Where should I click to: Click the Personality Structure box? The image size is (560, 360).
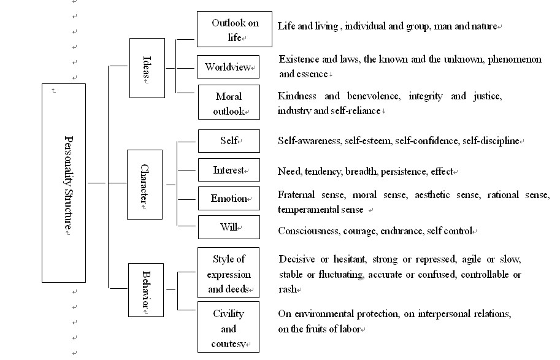coord(64,183)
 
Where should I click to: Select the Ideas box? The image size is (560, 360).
coord(147,67)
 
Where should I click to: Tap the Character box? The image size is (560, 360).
coord(145,184)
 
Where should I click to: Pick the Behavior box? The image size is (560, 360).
coord(146,289)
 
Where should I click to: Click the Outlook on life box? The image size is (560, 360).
coord(235,29)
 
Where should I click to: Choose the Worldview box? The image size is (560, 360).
coord(228,67)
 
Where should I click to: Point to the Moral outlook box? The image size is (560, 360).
coord(229,104)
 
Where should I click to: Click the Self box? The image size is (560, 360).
coord(229,141)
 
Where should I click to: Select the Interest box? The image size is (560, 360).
coord(229,170)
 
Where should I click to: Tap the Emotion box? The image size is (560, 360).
coord(229,199)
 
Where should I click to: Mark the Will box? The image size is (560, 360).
coord(229,228)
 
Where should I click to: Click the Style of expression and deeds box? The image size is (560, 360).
coord(229,274)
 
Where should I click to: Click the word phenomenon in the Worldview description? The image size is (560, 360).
coord(512,59)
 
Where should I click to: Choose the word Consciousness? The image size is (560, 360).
coord(307,231)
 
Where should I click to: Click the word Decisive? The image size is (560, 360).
coord(297,259)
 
